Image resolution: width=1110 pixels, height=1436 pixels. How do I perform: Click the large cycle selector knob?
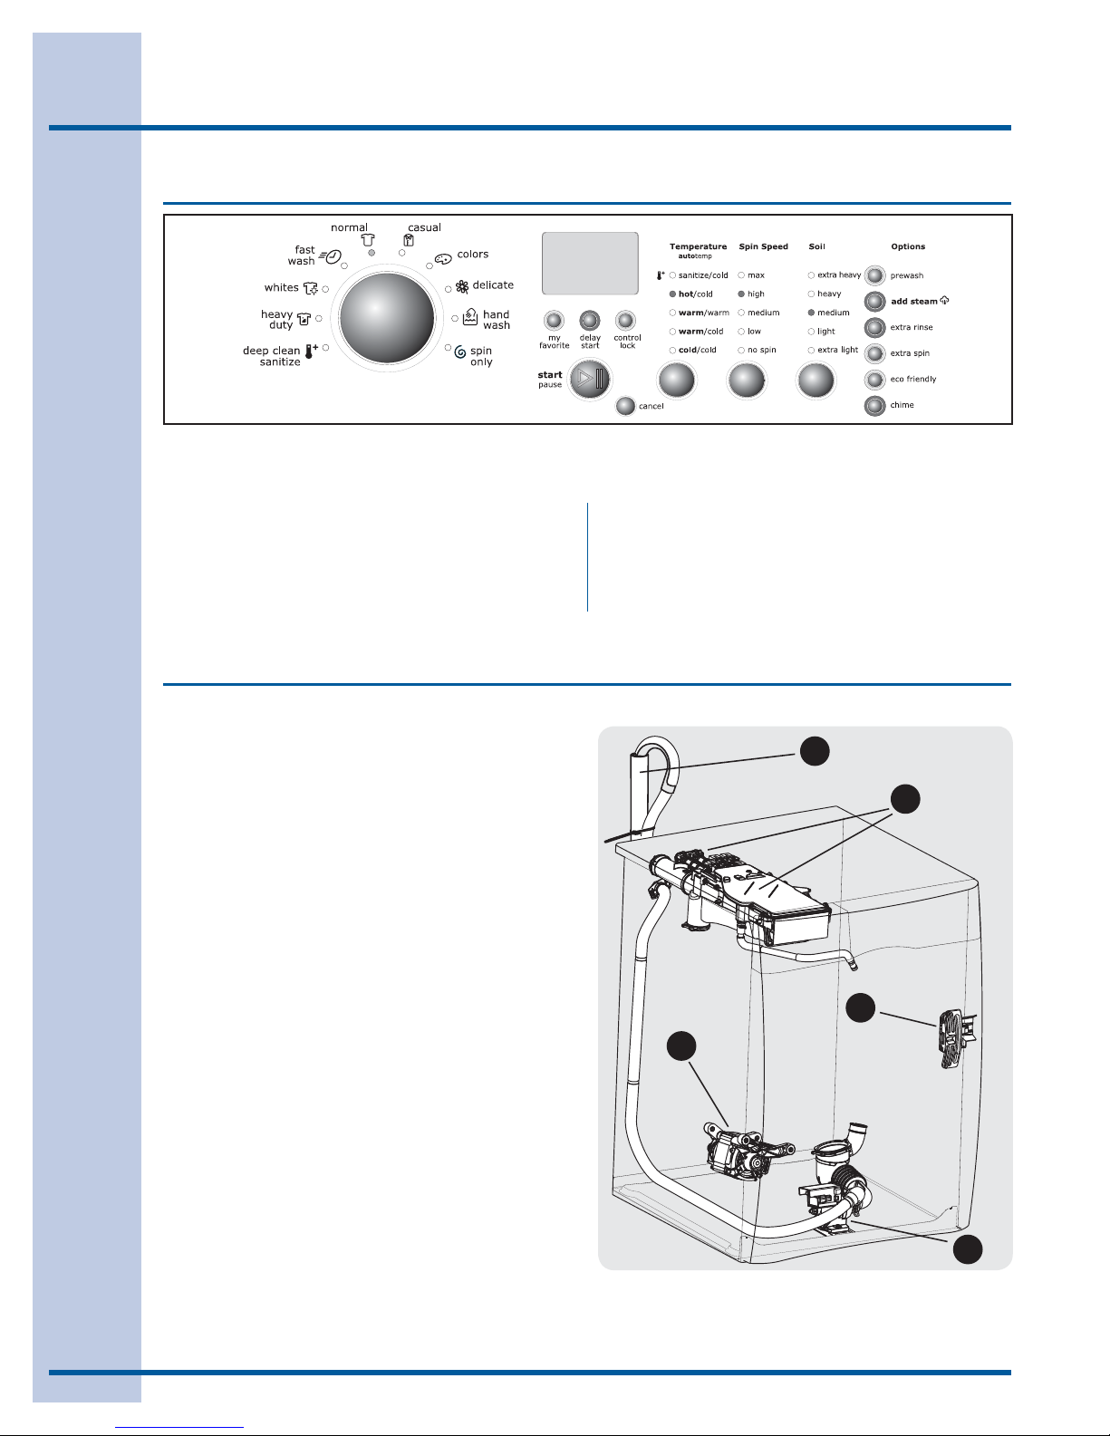click(x=387, y=318)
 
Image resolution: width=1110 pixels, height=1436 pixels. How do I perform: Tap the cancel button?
click(x=625, y=406)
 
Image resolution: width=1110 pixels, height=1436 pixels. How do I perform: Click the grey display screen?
click(x=590, y=263)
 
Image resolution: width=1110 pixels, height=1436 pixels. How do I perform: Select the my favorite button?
click(x=554, y=321)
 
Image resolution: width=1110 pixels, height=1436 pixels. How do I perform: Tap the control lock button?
click(x=625, y=321)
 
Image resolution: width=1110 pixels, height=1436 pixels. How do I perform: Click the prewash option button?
click(x=874, y=275)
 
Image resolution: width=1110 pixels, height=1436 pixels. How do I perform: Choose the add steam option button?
click(x=874, y=302)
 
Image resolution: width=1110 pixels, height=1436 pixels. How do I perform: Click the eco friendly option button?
click(x=874, y=380)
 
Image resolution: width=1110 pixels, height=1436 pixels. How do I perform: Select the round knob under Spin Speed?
click(x=746, y=381)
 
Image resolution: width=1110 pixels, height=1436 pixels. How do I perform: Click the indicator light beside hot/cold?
click(x=672, y=294)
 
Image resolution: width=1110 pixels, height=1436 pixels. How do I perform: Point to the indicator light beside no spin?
click(x=741, y=351)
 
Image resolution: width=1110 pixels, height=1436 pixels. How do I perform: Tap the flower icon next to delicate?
click(x=462, y=286)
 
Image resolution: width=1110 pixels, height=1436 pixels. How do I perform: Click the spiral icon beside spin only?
click(x=460, y=352)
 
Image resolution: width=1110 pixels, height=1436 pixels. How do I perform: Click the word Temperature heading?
click(x=698, y=246)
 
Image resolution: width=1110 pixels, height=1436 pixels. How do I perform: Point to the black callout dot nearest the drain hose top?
click(x=815, y=751)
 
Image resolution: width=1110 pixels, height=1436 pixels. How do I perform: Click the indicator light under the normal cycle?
click(x=372, y=253)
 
